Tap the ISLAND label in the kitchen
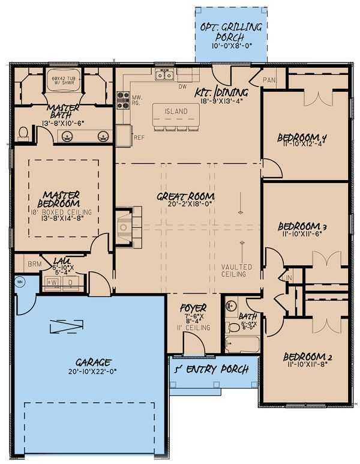click(x=176, y=112)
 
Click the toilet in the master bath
click(x=23, y=132)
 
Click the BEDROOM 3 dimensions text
click(x=302, y=237)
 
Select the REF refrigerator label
click(x=139, y=137)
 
